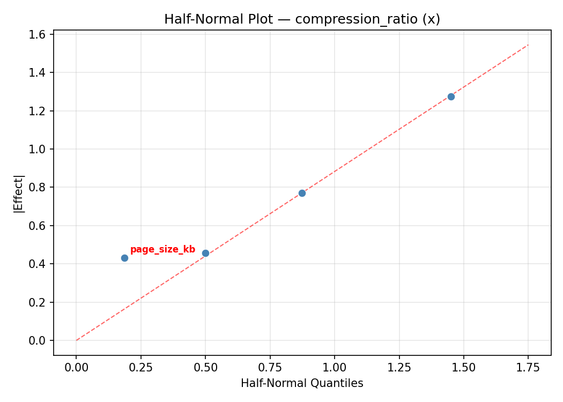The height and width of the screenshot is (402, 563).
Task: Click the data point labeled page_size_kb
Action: pos(124,258)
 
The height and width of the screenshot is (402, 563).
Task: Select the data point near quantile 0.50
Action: pos(205,253)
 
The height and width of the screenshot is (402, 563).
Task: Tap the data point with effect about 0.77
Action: pos(302,193)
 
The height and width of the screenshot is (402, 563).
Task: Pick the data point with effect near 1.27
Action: pos(451,96)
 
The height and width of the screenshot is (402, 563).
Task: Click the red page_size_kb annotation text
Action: pos(162,249)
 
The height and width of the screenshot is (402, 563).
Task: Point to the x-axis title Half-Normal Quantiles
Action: pos(302,383)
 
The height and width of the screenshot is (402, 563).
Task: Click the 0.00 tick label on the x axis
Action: pos(76,367)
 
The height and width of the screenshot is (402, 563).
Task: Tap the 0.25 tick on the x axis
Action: pos(140,367)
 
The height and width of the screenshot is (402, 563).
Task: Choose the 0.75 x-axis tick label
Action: pos(270,367)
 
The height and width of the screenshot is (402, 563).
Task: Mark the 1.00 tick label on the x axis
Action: pos(334,367)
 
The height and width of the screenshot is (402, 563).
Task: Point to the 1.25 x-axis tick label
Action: pos(399,367)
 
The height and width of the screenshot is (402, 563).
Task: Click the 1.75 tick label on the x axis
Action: pos(528,367)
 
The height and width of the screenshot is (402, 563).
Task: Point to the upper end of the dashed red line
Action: pos(528,45)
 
